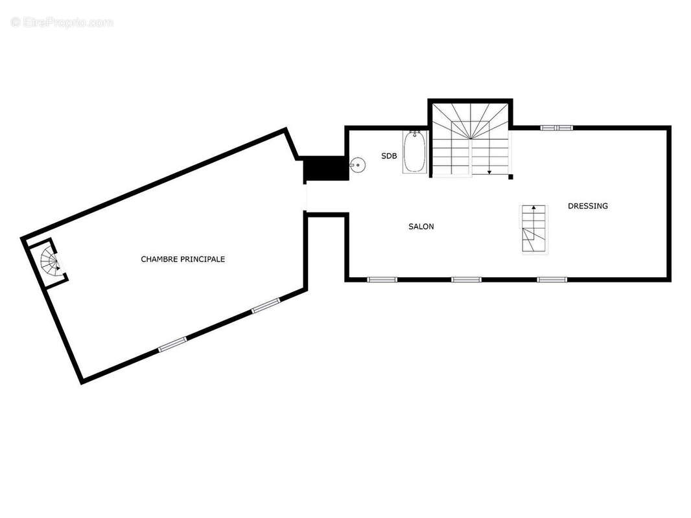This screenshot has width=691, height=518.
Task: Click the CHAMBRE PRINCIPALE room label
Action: click(183, 259)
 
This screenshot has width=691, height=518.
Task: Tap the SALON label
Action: click(421, 227)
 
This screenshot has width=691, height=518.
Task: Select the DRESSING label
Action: click(588, 206)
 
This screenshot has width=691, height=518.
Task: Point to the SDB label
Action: click(389, 156)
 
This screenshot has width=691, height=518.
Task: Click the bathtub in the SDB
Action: click(415, 153)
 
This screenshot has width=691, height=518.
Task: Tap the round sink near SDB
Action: click(357, 165)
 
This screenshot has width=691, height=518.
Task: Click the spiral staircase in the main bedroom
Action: click(51, 262)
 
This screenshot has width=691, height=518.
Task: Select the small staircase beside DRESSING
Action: click(534, 229)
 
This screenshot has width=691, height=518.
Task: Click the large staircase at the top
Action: click(471, 139)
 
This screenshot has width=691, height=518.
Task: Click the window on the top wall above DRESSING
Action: click(557, 128)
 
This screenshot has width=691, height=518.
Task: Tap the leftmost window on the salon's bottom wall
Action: click(382, 280)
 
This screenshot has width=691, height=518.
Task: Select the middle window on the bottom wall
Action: click(466, 280)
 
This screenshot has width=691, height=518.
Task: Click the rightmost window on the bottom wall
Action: click(552, 280)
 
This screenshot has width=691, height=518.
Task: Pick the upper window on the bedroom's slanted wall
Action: click(266, 306)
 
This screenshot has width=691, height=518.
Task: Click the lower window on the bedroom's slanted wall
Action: click(172, 344)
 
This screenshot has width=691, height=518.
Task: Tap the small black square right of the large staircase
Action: click(511, 177)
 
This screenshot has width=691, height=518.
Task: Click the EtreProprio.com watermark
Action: click(62, 23)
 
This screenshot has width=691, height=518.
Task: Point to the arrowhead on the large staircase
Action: click(489, 172)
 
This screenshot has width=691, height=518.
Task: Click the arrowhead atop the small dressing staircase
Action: click(534, 208)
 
